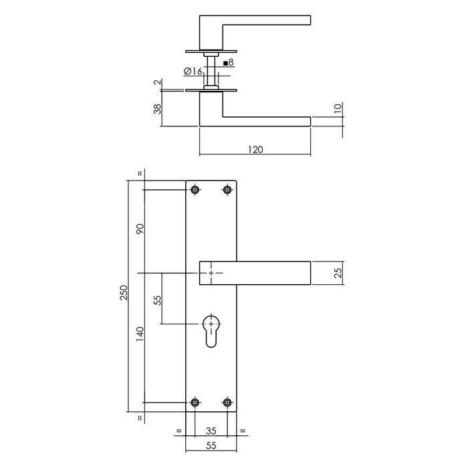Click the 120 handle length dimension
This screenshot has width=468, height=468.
pyautogui.click(x=255, y=150)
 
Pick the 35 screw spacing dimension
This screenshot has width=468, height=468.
pyautogui.click(x=211, y=431)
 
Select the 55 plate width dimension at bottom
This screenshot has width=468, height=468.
pyautogui.click(x=211, y=453)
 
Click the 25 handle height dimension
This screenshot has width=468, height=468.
pyautogui.click(x=338, y=273)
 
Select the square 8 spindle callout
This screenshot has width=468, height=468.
pyautogui.click(x=228, y=63)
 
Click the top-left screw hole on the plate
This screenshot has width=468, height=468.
pyautogui.click(x=195, y=191)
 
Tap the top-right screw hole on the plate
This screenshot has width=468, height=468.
pyautogui.click(x=227, y=191)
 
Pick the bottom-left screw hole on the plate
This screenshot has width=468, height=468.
pyautogui.click(x=195, y=402)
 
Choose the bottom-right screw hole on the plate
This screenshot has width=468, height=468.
pyautogui.click(x=227, y=402)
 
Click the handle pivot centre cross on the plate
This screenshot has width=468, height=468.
pyautogui.click(x=211, y=273)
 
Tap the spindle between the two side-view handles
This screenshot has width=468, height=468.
pyautogui.click(x=211, y=71)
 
